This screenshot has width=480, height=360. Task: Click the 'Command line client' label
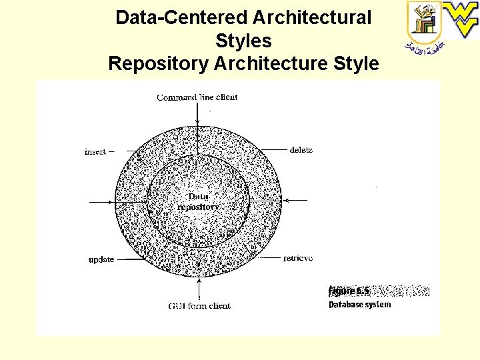tap(197, 97)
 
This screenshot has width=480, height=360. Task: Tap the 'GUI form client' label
tap(199, 306)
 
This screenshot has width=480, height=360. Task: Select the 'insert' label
tap(95, 151)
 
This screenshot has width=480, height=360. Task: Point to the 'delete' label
tap(301, 150)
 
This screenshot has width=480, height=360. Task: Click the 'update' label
tap(101, 259)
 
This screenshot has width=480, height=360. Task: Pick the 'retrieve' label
tap(297, 258)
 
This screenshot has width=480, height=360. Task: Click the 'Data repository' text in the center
tap(198, 201)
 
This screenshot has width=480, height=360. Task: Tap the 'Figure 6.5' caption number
tap(349, 291)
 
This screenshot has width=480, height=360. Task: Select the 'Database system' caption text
tap(359, 305)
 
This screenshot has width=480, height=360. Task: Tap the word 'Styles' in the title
tap(243, 41)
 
